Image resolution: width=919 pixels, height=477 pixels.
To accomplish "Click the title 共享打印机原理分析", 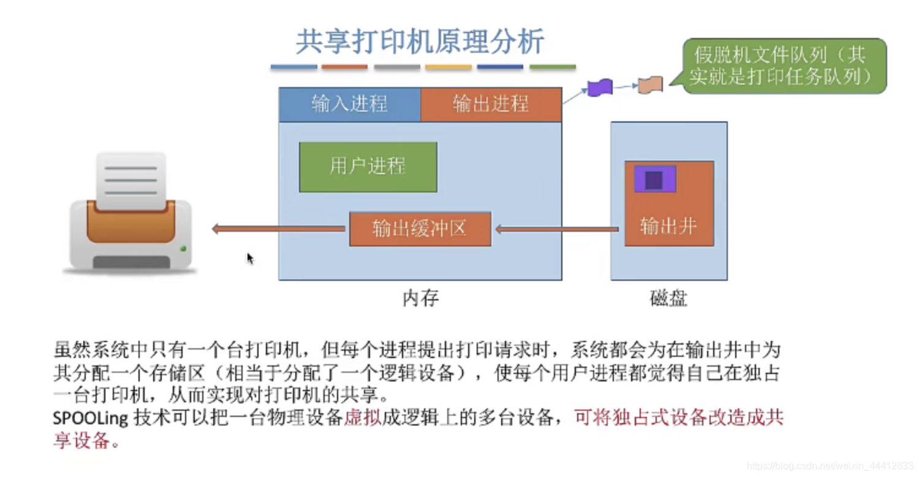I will point(420,42).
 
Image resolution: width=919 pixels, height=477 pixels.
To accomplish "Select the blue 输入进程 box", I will point(349,104).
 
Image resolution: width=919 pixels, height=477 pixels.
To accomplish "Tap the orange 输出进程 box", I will point(491,104).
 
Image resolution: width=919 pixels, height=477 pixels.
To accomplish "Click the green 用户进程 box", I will point(368,167).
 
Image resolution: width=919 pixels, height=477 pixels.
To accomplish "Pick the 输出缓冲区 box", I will point(420,229).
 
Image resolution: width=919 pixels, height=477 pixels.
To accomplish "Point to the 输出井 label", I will point(668,226).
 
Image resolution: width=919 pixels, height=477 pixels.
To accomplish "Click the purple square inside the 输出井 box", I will point(654,179).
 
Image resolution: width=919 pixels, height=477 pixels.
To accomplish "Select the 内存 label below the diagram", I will point(420,299).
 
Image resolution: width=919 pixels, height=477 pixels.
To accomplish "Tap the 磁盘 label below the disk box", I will point(668,299).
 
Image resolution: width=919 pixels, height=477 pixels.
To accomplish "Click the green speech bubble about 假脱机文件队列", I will point(781,66).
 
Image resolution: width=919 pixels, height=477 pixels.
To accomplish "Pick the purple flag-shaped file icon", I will point(600,88).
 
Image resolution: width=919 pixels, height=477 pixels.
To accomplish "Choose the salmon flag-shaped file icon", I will point(650,85).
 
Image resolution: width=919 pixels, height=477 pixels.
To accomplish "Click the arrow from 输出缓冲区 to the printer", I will point(279,229).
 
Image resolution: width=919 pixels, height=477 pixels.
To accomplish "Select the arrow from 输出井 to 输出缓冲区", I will point(556,229).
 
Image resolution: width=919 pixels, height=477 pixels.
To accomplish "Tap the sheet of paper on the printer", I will point(130,180).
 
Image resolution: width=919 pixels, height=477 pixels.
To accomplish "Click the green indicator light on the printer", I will point(183,249).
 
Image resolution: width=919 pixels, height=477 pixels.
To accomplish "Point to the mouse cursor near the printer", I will point(250,258).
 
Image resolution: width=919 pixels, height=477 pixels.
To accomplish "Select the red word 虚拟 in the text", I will point(363,419).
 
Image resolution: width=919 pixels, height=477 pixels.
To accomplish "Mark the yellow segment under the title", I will point(448,67).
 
